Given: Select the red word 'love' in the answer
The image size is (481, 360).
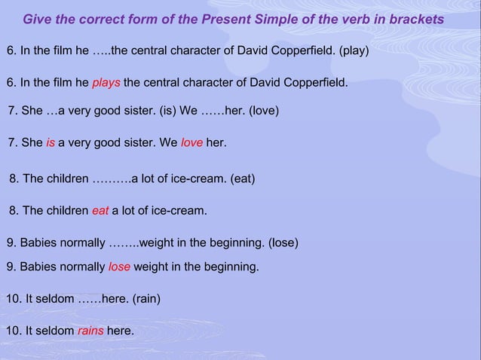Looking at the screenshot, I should point(191,142).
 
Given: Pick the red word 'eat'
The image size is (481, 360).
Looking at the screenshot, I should point(100,212).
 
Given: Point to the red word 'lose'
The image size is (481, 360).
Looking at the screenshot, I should point(119,267).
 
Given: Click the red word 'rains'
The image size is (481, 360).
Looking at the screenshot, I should point(90,331).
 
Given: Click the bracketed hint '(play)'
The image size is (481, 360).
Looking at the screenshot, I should point(354,51).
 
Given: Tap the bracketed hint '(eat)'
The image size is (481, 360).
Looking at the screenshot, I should point(241,179).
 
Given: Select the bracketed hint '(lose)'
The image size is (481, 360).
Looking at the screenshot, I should point(283,243).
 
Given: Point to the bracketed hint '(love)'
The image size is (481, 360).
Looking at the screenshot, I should point(263,111).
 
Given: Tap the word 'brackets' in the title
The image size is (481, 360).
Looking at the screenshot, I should point(414,19).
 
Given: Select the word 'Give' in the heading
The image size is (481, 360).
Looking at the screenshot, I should point(38,19).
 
